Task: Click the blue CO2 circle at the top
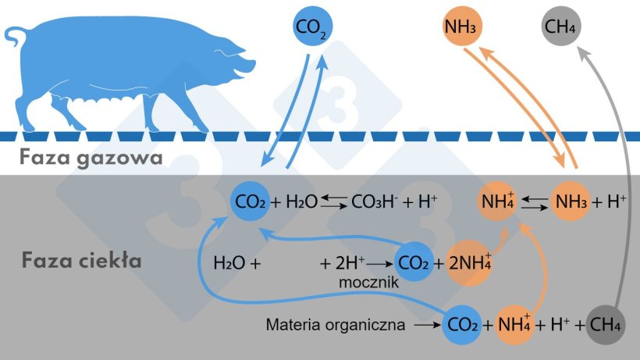tap(313, 26)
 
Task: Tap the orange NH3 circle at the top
tap(461, 26)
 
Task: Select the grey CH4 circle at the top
tap(561, 26)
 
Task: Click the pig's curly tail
tap(15, 36)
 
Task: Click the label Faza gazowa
tap(91, 158)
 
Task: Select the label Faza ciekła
tap(82, 260)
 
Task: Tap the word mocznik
tap(368, 283)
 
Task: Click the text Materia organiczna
tap(336, 325)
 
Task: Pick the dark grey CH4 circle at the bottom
tap(606, 325)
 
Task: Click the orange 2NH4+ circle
tap(469, 263)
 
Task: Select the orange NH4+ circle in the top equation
tap(498, 201)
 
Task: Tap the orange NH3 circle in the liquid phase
tap(570, 201)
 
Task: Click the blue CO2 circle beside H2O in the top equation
tap(250, 201)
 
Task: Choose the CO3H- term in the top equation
tap(375, 201)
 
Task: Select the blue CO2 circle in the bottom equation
tap(462, 325)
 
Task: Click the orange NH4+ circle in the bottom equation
tap(514, 325)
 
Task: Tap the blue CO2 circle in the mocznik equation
tap(414, 262)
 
